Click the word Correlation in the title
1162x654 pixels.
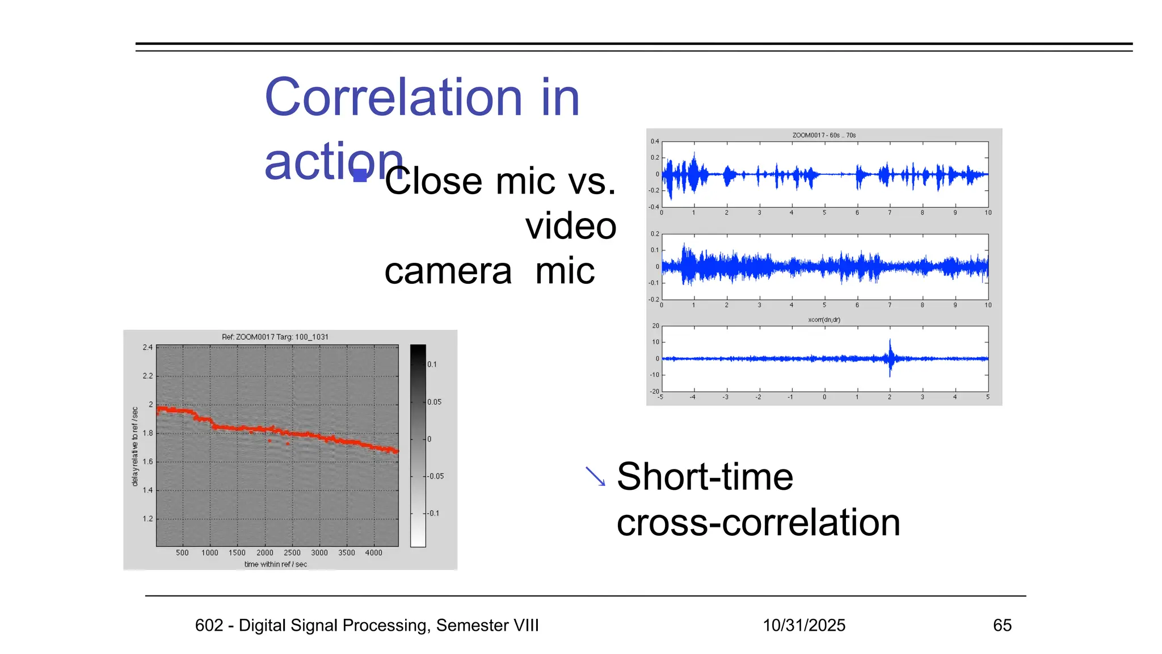coord(393,98)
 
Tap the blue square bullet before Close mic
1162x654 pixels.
coord(360,175)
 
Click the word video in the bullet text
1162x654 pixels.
coord(570,226)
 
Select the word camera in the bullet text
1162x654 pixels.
coord(448,271)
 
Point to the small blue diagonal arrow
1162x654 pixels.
coord(596,476)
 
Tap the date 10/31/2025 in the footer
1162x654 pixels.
coord(803,625)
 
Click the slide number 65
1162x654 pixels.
coord(1002,625)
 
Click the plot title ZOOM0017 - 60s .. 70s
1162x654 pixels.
coord(823,135)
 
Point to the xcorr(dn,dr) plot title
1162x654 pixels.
coord(824,320)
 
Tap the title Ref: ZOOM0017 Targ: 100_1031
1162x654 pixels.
coord(275,337)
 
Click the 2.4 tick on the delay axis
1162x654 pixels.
coord(148,347)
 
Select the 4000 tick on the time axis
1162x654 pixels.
coord(373,552)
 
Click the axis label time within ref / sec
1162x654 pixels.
coord(275,564)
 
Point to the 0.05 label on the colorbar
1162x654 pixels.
coord(434,402)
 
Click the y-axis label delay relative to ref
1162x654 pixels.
coord(134,446)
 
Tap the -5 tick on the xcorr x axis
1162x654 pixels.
coord(660,397)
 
